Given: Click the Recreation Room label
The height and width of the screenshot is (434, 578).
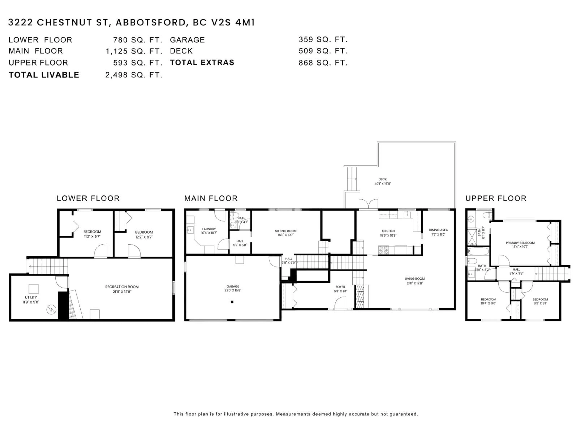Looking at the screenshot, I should (x=122, y=287).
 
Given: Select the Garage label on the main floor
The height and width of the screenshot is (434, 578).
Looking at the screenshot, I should (x=233, y=286).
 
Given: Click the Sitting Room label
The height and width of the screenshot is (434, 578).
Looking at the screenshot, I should (x=286, y=231).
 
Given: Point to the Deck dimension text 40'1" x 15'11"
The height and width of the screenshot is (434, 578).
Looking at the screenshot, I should (x=382, y=184).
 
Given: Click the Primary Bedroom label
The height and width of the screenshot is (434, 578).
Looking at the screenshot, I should (x=520, y=243).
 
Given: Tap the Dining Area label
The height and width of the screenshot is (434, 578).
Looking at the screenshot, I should (x=438, y=230).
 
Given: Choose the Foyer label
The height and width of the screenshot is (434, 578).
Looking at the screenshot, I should (x=340, y=287).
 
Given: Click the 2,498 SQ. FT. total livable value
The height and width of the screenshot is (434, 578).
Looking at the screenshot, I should (x=134, y=75).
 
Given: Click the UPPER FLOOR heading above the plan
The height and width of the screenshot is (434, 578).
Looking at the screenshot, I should (x=496, y=198).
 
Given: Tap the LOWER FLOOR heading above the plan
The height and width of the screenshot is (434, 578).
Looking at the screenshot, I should (x=88, y=198).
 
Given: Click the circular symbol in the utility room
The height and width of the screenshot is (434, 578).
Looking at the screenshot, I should (x=51, y=310).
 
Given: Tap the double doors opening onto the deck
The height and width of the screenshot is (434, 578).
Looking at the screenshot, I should (x=368, y=205).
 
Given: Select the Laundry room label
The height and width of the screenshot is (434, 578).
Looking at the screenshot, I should (x=209, y=229).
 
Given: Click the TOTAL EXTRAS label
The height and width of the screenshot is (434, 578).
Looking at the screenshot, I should (x=202, y=63).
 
